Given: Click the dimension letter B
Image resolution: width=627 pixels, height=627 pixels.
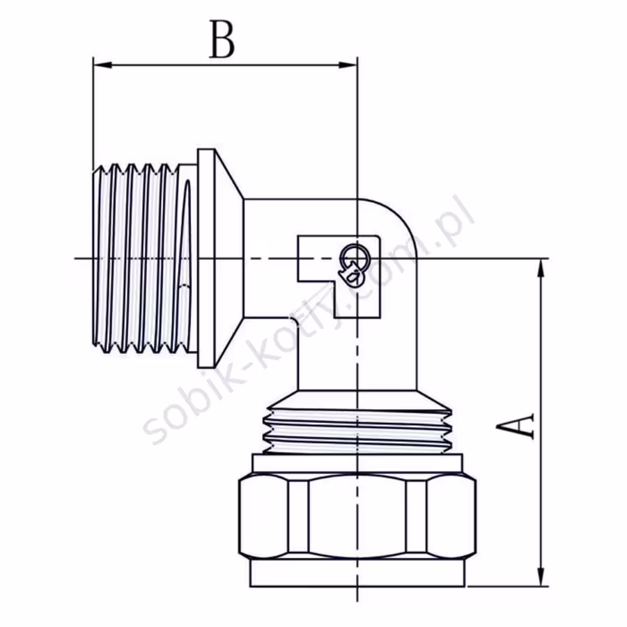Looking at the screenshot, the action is pyautogui.click(x=222, y=40).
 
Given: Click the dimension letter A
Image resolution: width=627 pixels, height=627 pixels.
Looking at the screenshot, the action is pyautogui.click(x=516, y=426).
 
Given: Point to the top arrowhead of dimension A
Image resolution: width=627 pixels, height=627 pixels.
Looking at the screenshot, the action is pyautogui.click(x=541, y=268).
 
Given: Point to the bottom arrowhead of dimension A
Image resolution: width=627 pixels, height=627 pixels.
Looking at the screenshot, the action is pyautogui.click(x=541, y=577).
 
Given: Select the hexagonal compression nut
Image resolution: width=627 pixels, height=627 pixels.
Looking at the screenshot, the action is pyautogui.click(x=357, y=516).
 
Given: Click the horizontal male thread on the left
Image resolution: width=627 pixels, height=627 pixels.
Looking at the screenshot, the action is pyautogui.click(x=142, y=258).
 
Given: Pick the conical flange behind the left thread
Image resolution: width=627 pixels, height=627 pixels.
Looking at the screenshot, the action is pyautogui.click(x=220, y=258).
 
